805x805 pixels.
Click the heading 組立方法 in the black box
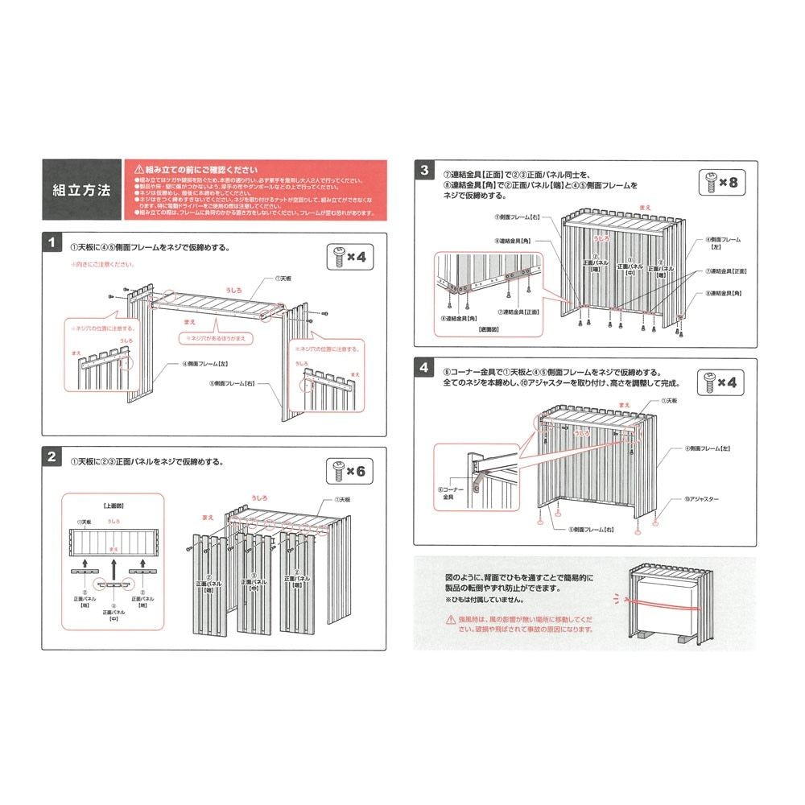(81, 191)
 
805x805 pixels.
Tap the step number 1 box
(51, 243)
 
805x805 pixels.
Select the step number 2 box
(51, 457)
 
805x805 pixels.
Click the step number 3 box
(424, 170)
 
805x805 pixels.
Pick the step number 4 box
(424, 369)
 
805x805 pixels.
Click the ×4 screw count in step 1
(349, 258)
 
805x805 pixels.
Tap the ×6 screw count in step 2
(349, 471)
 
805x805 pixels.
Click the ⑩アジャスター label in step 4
(702, 499)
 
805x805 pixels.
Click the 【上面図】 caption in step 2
(114, 506)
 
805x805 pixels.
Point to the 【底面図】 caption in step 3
(489, 329)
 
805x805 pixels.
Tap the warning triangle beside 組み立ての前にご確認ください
(138, 170)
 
